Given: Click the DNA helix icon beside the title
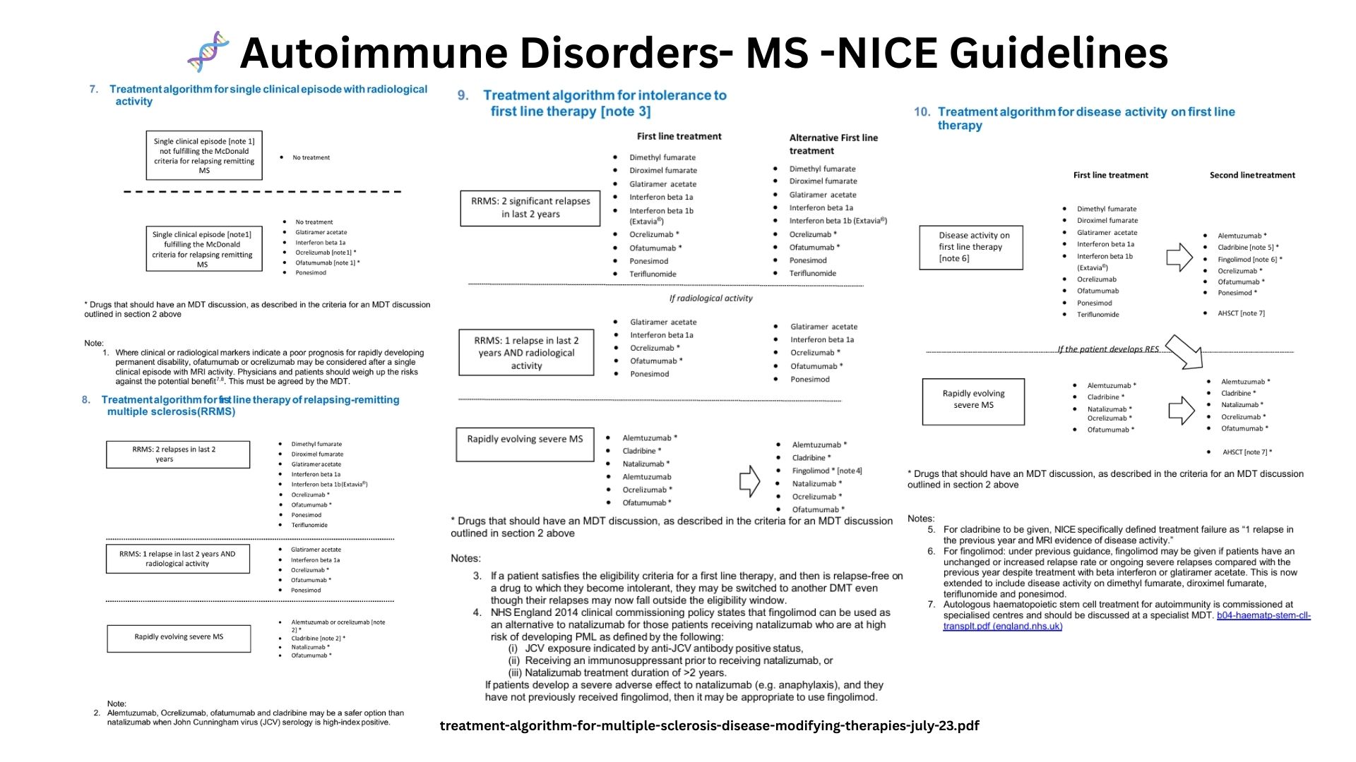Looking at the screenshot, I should pyautogui.click(x=208, y=52).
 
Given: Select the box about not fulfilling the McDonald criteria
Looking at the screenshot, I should pyautogui.click(x=204, y=155).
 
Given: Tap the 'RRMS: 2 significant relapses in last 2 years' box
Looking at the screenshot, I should pyautogui.click(x=530, y=207).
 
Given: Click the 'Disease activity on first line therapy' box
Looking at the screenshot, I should pyautogui.click(x=971, y=247).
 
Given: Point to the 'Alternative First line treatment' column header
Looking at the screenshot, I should pyautogui.click(x=833, y=144).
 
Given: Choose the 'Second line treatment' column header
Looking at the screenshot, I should pyautogui.click(x=1252, y=175).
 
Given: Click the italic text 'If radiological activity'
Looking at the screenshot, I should pyautogui.click(x=710, y=298).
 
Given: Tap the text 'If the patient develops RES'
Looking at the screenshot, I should pyautogui.click(x=1107, y=349).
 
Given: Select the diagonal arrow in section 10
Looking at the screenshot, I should pyautogui.click(x=1184, y=352).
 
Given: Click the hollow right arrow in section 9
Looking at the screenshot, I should pyautogui.click(x=749, y=481).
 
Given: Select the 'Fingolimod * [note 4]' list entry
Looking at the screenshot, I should pyautogui.click(x=826, y=471).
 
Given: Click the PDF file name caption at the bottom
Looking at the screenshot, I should pyautogui.click(x=709, y=725).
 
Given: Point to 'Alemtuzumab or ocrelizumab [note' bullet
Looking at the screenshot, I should pyautogui.click(x=338, y=622).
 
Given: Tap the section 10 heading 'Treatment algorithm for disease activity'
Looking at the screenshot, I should pyautogui.click(x=1086, y=112).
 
